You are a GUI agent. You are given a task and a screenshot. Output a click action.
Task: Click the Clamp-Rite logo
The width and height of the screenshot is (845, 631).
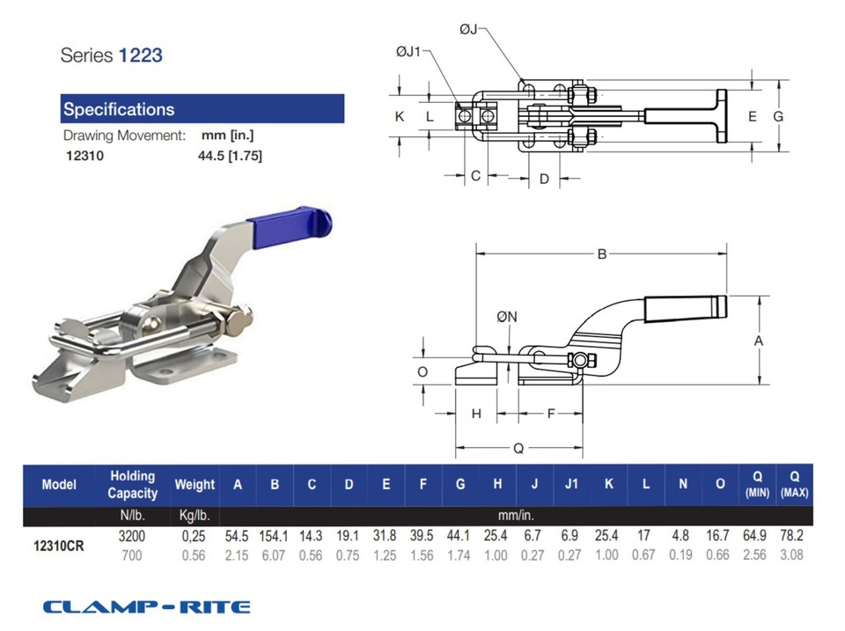pyautogui.click(x=146, y=606)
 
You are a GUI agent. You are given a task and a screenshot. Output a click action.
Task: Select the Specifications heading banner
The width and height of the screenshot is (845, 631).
pyautogui.click(x=202, y=109)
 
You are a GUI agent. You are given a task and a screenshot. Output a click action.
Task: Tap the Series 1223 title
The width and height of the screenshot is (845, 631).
pyautogui.click(x=111, y=55)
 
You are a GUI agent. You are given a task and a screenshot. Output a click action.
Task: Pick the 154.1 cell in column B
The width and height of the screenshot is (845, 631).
pyautogui.click(x=275, y=536)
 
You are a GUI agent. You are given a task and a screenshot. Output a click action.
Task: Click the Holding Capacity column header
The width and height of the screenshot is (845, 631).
pyautogui.click(x=132, y=485)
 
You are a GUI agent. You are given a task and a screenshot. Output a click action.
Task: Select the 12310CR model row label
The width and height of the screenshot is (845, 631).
pyautogui.click(x=59, y=545)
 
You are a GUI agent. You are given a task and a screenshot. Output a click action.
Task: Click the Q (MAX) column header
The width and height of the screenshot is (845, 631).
pyautogui.click(x=794, y=485)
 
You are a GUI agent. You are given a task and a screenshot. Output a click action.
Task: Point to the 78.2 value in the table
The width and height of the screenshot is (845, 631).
pyautogui.click(x=794, y=536)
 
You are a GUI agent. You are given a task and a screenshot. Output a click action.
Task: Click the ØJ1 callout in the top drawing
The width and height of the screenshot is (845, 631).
pyautogui.click(x=410, y=54)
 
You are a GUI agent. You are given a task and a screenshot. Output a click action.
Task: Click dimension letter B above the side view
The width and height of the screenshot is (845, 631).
pyautogui.click(x=602, y=255)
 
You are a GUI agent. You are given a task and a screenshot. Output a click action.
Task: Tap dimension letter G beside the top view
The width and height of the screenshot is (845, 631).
pyautogui.click(x=777, y=116)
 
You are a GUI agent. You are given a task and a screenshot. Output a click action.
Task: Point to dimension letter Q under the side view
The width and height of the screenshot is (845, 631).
pyautogui.click(x=518, y=448)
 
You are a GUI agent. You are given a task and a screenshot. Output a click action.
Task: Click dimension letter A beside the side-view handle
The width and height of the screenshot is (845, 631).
pyautogui.click(x=758, y=340)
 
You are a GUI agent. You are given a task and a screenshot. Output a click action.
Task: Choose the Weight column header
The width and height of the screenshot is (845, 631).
pyautogui.click(x=195, y=485)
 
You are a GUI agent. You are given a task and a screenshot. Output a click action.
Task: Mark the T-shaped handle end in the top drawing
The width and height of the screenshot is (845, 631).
pyautogui.click(x=722, y=116)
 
